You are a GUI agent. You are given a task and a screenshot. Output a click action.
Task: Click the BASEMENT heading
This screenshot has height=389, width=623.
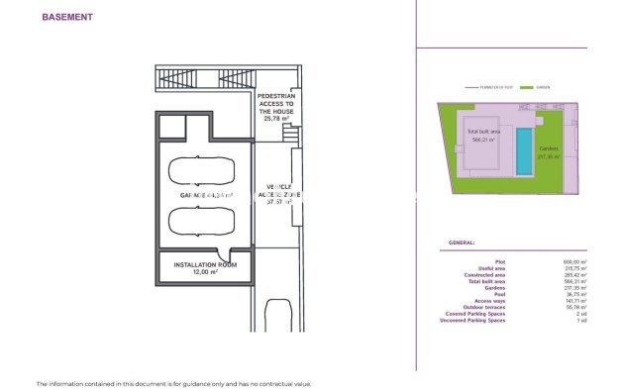click(x=67, y=17)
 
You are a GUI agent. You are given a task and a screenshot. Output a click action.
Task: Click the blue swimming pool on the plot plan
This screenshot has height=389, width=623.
click(x=522, y=148)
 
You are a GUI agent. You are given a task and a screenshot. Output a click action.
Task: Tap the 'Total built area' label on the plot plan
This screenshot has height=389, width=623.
click(x=483, y=135)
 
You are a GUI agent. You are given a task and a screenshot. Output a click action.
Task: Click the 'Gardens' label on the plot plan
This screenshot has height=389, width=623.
click(x=549, y=151)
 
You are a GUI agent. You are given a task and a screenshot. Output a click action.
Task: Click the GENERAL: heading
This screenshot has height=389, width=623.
click(x=461, y=242)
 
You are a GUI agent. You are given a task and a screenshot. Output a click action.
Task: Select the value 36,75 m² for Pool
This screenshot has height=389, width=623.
click(x=576, y=294)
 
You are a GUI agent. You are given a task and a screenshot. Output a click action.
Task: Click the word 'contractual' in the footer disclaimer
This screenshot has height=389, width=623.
click(x=269, y=383)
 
